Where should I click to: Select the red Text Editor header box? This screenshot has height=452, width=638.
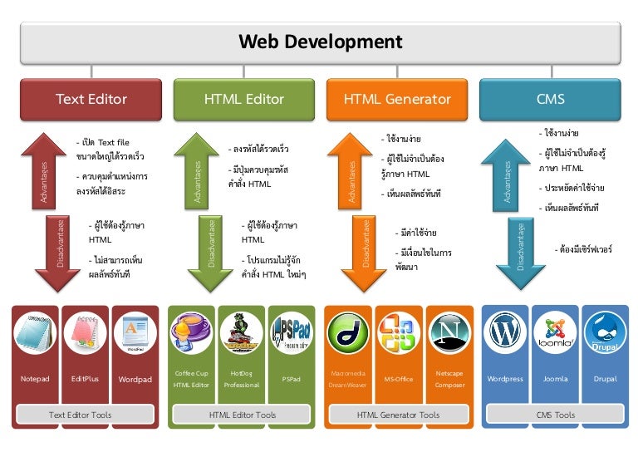click(91, 99)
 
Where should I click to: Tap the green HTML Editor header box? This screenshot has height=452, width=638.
click(244, 99)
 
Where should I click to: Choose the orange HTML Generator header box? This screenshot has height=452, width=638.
click(397, 99)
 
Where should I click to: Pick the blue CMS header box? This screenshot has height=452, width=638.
click(550, 99)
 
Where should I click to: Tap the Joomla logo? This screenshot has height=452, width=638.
click(555, 332)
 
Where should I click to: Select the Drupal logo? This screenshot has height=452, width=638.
click(605, 332)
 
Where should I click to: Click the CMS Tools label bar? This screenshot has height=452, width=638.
click(554, 415)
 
